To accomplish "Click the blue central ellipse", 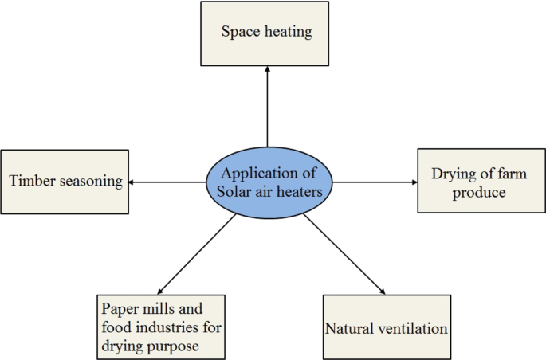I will [269, 182].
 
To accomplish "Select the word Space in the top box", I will [239, 33].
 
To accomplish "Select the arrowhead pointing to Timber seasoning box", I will [132, 182].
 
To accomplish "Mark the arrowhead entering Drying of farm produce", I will [413, 182].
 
